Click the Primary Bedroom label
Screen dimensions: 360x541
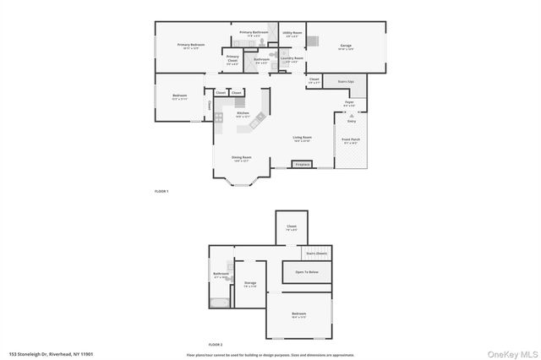click(191, 45)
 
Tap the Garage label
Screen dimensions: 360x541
click(346, 46)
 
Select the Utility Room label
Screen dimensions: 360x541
click(292, 34)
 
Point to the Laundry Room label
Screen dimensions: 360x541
click(292, 59)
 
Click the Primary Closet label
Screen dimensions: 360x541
click(232, 58)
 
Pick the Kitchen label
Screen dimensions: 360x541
click(243, 113)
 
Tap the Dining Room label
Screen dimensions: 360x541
click(243, 157)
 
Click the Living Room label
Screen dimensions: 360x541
click(303, 139)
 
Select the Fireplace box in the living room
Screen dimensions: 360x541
click(303, 164)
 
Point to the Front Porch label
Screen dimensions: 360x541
click(350, 140)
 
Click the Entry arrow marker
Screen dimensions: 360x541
click(351, 115)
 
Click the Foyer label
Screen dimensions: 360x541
click(349, 103)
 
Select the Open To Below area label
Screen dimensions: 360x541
click(306, 272)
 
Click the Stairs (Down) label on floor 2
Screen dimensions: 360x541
click(316, 253)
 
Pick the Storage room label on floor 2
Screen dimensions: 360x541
click(250, 284)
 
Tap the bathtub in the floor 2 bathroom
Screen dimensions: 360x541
click(219, 302)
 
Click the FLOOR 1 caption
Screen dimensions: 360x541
click(161, 192)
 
